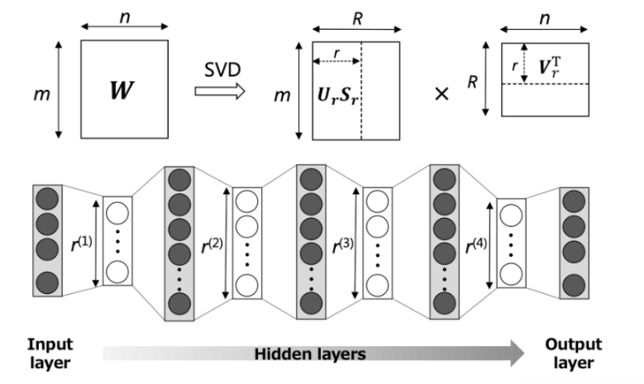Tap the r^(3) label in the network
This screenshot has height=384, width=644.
[344, 245]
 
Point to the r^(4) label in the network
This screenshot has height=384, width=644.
[478, 245]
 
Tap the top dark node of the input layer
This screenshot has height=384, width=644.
[47, 201]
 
